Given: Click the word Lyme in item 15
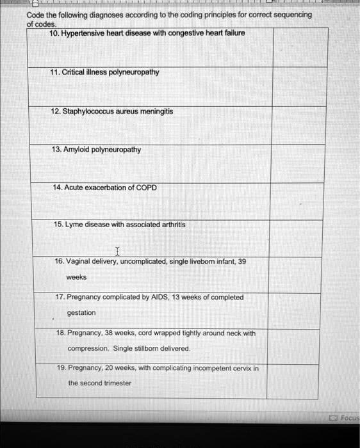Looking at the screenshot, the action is point(74,225).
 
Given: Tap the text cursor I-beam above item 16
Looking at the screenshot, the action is point(117,251).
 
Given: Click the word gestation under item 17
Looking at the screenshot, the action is point(82,312).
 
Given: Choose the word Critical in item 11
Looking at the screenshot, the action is point(77,72).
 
